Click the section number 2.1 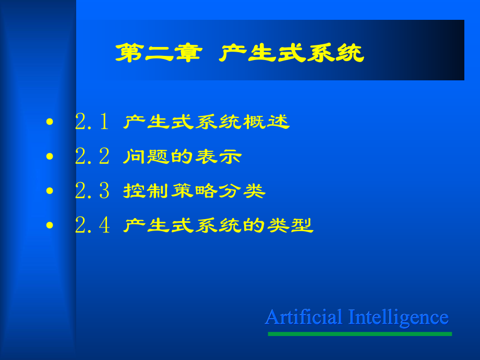click(x=92, y=122)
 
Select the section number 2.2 click(x=92, y=156)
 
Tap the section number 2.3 click(x=92, y=191)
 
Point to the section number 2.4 click(x=92, y=225)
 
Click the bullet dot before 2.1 click(x=50, y=122)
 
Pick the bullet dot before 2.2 click(x=50, y=157)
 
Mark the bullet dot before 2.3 click(x=50, y=191)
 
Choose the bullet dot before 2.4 click(x=50, y=225)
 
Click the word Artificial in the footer click(x=304, y=317)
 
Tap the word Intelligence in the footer click(x=399, y=318)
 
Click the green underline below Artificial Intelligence click(x=359, y=334)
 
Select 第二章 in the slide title click(x=159, y=53)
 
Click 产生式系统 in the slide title click(x=292, y=53)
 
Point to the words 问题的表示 click(x=183, y=157)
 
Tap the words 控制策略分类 click(x=195, y=191)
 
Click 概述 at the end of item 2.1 click(x=266, y=122)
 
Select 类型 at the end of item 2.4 click(x=290, y=225)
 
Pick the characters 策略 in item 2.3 click(x=195, y=191)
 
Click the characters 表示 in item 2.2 click(x=218, y=157)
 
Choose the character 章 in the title click(x=188, y=53)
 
